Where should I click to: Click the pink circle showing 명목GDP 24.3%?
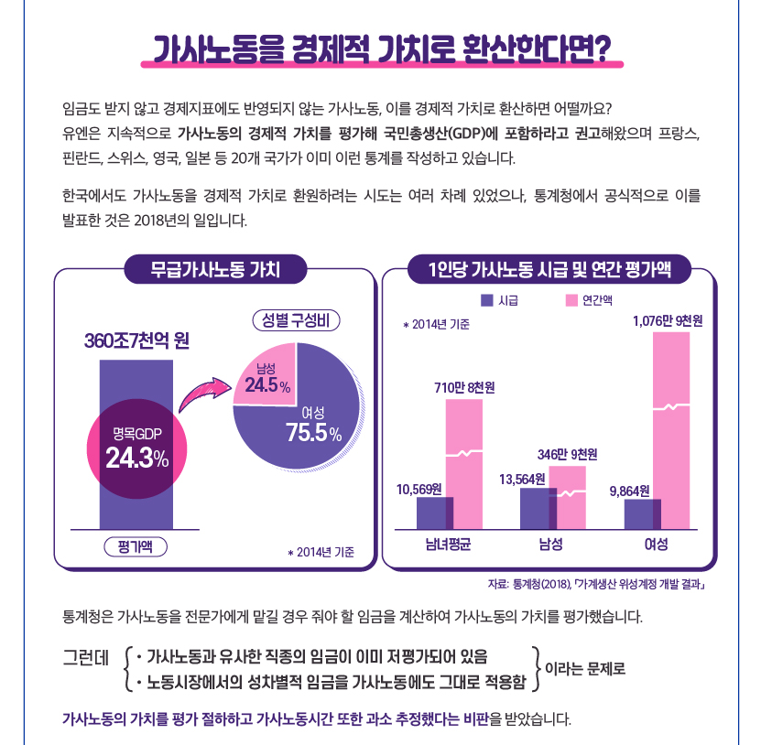click(136, 448)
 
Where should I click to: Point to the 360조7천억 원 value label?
click(136, 340)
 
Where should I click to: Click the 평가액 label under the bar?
click(136, 547)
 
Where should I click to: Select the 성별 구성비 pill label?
click(296, 320)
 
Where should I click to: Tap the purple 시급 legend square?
click(487, 300)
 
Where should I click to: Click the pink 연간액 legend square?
click(571, 300)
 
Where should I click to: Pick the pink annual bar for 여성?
click(671, 431)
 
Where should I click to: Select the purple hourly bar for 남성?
click(538, 508)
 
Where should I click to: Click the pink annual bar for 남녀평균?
click(464, 464)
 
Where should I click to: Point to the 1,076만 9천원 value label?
click(668, 321)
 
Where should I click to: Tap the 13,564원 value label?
click(522, 480)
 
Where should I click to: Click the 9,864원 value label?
click(629, 491)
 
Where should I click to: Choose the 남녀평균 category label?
click(448, 545)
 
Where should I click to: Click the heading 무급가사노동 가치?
click(215, 269)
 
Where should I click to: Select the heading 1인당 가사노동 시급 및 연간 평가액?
click(549, 269)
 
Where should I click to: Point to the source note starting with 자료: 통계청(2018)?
click(596, 584)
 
